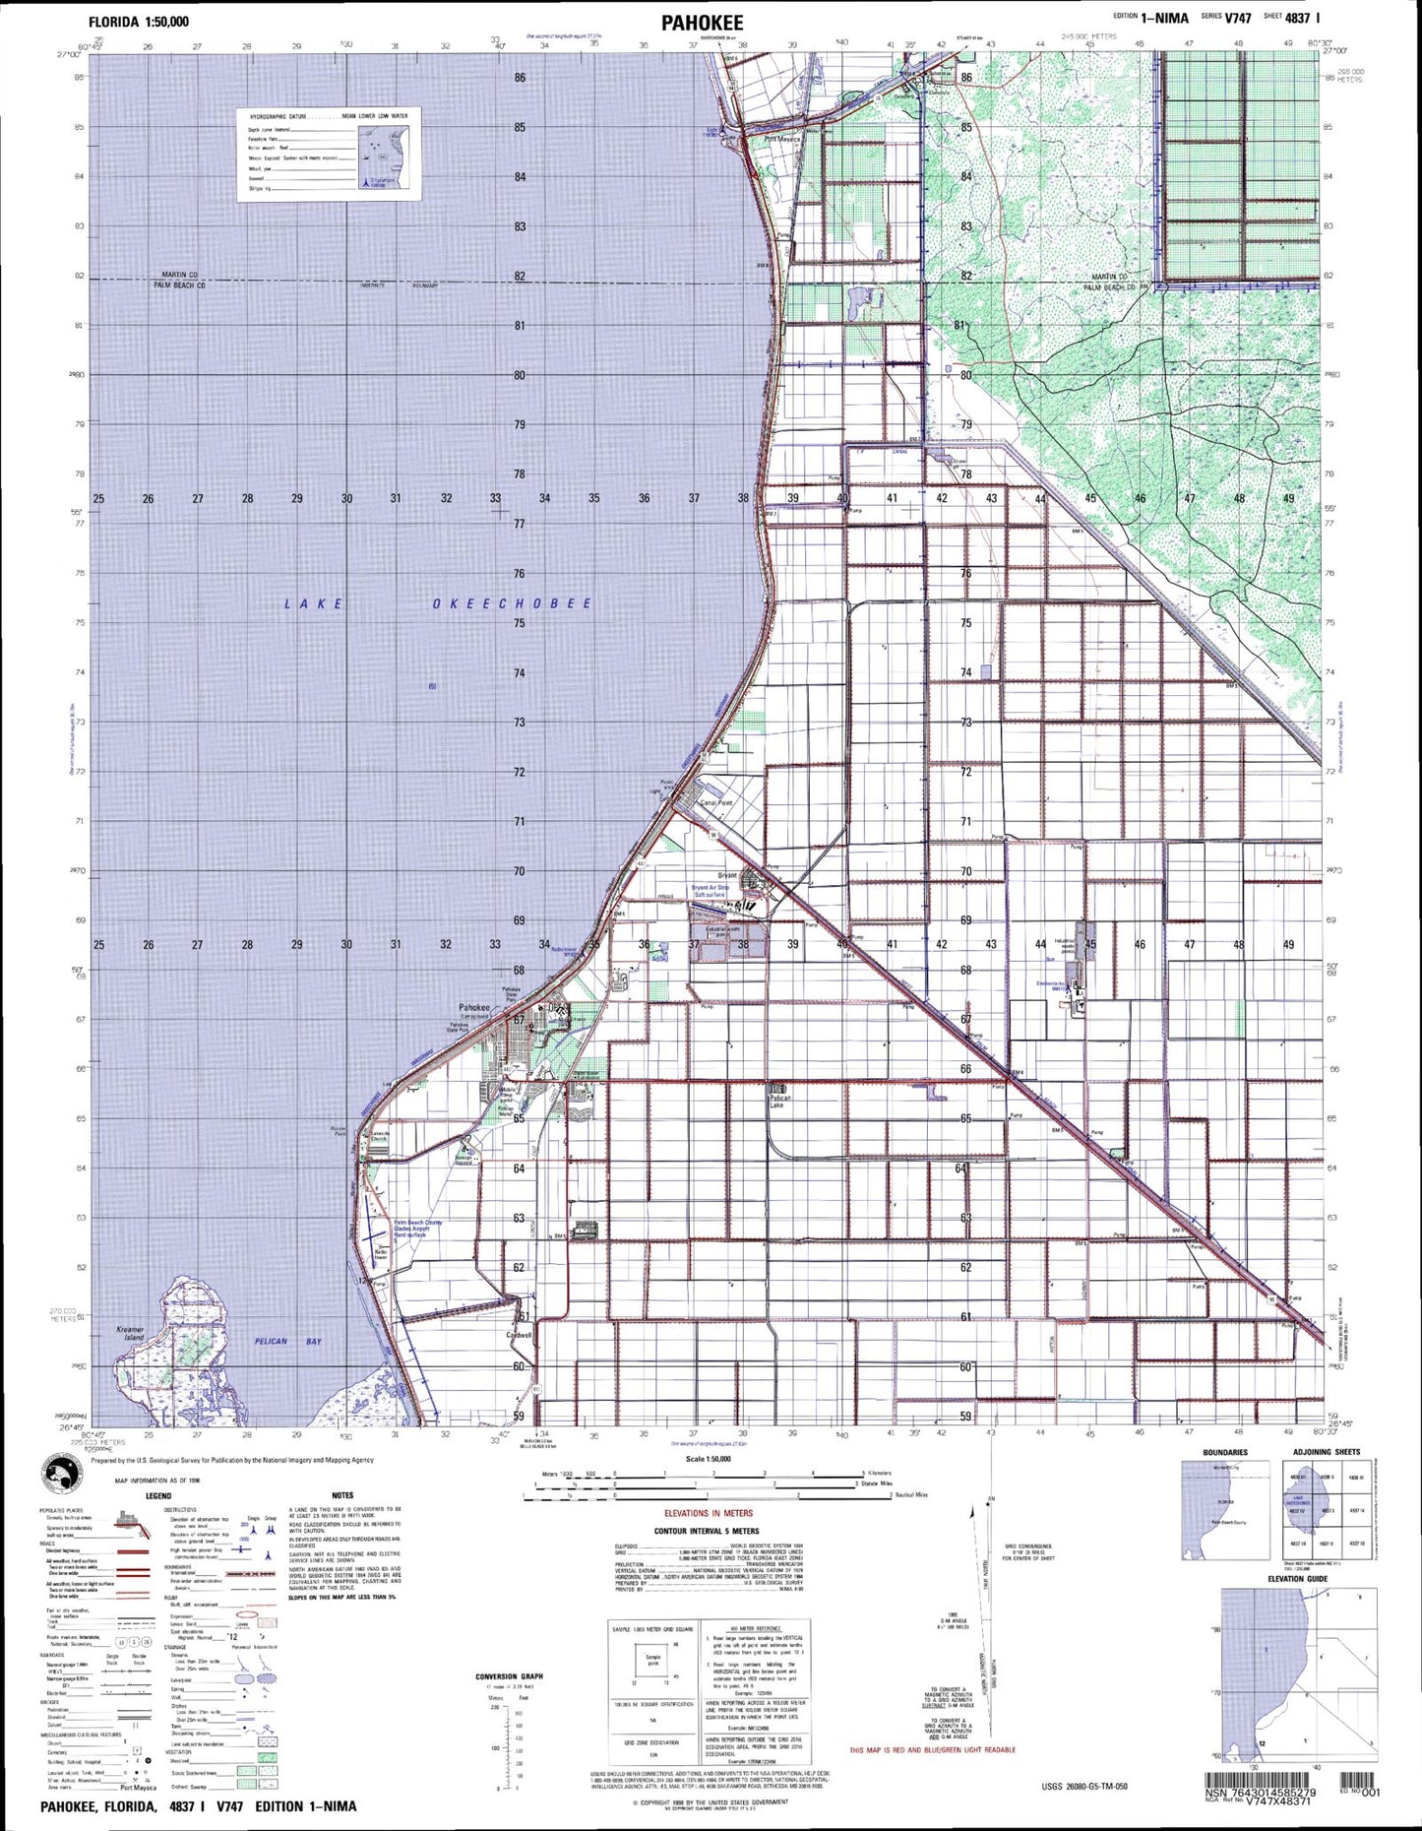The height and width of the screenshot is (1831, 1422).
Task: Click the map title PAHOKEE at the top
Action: [x=702, y=24]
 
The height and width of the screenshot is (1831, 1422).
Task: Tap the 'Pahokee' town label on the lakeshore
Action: [x=474, y=1007]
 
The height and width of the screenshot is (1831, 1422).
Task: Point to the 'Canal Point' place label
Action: [x=715, y=803]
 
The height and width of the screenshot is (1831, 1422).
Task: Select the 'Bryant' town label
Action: [x=727, y=875]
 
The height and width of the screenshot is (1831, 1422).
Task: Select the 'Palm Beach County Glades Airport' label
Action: [x=418, y=1228]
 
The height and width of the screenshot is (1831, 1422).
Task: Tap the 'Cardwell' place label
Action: [x=519, y=1335]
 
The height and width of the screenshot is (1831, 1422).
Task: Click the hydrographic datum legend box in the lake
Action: [x=329, y=155]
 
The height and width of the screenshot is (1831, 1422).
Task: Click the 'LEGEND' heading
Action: [x=157, y=1495]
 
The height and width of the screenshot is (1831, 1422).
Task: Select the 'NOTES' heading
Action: [x=342, y=1495]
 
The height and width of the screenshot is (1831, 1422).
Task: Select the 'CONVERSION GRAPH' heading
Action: [x=509, y=1676]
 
